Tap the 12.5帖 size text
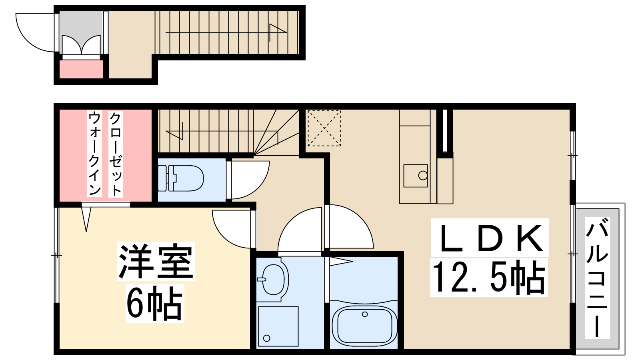pos(489,277)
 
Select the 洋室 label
pos(156,261)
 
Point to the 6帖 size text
pos(154,303)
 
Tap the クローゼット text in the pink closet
pos(116,154)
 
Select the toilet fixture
pos(180,178)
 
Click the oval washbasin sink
pos(273,279)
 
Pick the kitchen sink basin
pos(416,176)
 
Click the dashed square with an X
pos(324,128)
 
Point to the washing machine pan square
pos(278,326)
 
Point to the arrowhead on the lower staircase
pos(174,132)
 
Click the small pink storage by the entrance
pos(81,69)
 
